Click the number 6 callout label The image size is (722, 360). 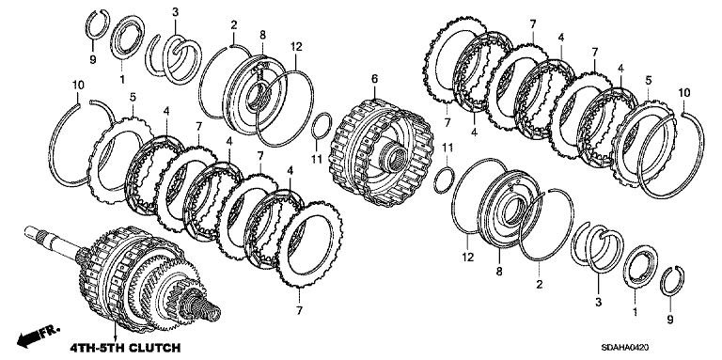pos(374,79)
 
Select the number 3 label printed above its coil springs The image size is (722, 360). pos(175,12)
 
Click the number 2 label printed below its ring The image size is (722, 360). pos(538,285)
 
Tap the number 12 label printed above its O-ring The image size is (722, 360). pos(295,46)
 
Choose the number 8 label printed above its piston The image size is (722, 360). pos(262,34)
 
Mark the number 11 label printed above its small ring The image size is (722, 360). pos(447,148)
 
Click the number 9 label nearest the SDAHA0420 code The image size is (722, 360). pos(670,319)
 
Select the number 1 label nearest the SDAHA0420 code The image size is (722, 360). pos(636,313)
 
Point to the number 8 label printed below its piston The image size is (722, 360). pos(499,272)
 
